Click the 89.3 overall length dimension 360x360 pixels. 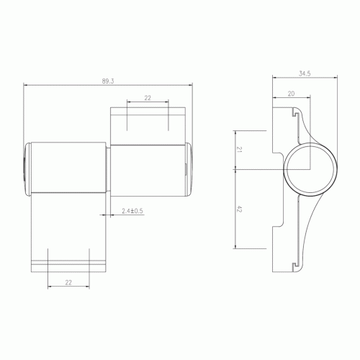point(108,81)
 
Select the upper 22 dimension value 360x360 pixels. point(148,98)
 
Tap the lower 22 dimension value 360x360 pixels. point(68,282)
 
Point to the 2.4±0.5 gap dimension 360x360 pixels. point(132,211)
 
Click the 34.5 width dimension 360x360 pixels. point(305,73)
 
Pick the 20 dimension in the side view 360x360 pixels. point(291,94)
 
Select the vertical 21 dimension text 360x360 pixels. point(239,150)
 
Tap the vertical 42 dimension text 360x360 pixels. point(239,209)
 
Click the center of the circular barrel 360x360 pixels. point(310,169)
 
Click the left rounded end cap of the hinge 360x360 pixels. point(27,169)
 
